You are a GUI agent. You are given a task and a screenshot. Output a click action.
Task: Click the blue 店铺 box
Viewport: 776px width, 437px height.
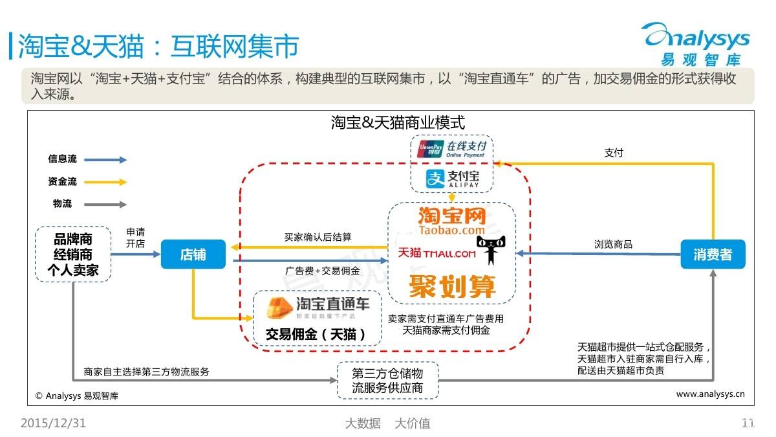click(193, 254)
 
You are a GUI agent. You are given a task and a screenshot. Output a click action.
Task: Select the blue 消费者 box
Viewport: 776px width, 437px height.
click(713, 254)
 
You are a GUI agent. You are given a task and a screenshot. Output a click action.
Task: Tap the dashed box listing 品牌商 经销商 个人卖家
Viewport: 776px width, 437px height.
click(72, 254)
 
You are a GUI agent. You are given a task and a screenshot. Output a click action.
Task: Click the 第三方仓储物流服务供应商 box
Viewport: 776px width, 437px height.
click(387, 381)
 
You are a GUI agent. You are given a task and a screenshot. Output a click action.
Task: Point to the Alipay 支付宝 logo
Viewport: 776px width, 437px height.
click(451, 179)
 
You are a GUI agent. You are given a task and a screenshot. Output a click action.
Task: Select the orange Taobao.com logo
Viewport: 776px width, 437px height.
click(451, 220)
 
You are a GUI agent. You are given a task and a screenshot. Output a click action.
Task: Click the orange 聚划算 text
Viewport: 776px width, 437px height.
click(452, 286)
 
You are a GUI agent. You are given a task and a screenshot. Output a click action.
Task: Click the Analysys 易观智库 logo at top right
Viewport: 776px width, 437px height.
click(697, 42)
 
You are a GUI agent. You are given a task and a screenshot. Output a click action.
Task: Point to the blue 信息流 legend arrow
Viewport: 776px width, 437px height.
click(105, 160)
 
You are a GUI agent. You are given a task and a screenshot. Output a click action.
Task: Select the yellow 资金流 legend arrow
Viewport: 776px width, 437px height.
click(105, 182)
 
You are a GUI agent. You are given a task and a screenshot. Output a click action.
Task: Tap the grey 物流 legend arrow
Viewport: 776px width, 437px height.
click(105, 205)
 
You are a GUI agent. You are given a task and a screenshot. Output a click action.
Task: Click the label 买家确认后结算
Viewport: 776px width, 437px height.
click(318, 237)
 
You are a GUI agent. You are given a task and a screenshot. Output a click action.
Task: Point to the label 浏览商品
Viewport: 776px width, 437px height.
click(613, 244)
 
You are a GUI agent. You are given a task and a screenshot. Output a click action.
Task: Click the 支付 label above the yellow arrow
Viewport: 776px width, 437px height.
click(614, 153)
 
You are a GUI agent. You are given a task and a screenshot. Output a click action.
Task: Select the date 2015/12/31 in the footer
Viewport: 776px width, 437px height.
click(53, 423)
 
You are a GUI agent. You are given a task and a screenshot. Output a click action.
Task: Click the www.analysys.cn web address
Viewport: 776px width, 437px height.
click(710, 394)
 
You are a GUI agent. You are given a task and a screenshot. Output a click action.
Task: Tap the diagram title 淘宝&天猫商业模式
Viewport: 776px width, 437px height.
click(398, 122)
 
